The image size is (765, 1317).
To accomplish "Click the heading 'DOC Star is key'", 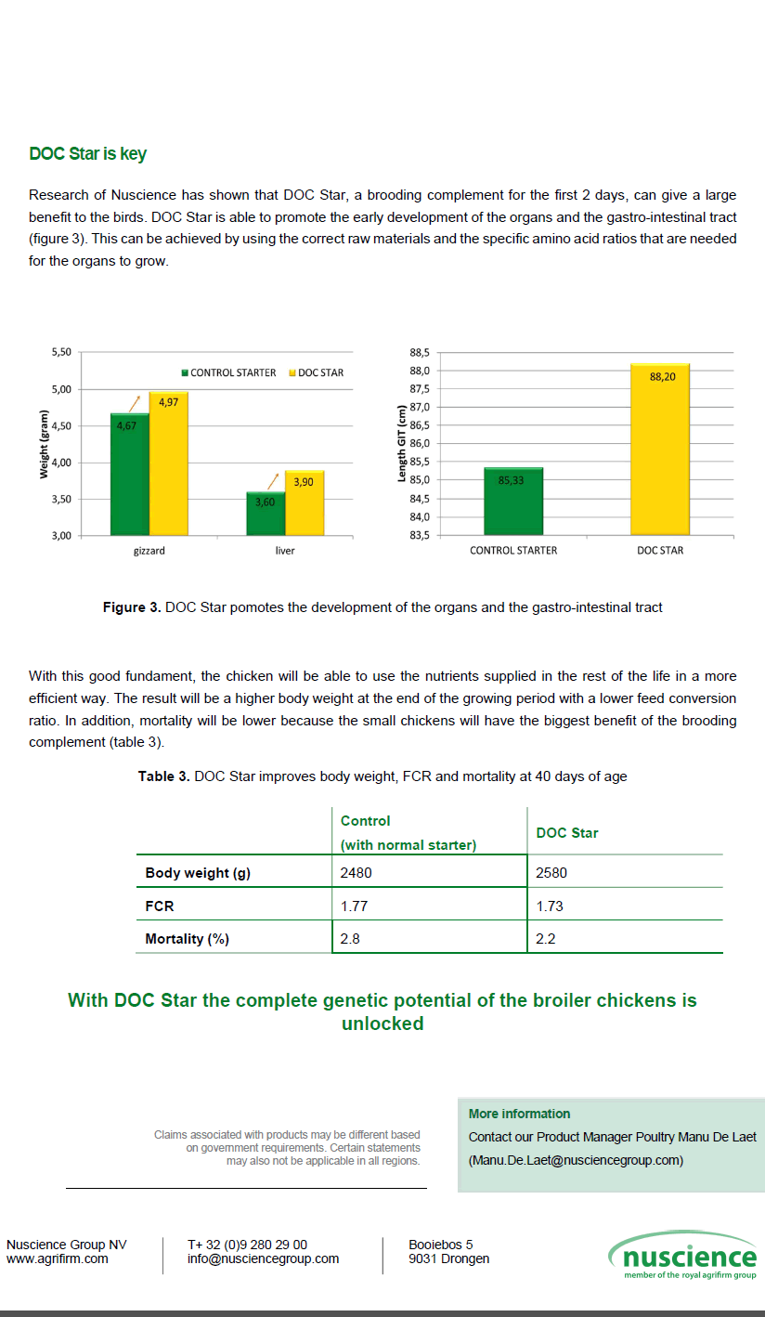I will click(x=87, y=154).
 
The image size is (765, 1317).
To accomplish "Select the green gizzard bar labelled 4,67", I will click(x=129, y=474).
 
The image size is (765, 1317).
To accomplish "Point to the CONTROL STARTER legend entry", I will click(x=228, y=372).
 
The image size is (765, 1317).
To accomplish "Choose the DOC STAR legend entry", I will click(x=317, y=372).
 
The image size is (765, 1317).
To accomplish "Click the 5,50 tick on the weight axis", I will click(x=60, y=353).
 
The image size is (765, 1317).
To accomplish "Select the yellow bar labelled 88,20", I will click(x=660, y=450).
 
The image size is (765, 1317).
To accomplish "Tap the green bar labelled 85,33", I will click(x=513, y=502).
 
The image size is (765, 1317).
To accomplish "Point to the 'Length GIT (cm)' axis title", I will click(x=402, y=443).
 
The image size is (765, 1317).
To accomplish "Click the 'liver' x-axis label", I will click(x=285, y=551).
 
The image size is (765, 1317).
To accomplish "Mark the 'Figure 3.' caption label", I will click(x=132, y=607).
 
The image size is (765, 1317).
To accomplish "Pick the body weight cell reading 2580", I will click(x=551, y=873).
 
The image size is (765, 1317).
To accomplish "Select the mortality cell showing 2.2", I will click(x=545, y=939).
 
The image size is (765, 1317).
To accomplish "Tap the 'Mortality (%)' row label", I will click(x=187, y=939).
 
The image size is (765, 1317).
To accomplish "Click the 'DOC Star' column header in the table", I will click(x=567, y=833).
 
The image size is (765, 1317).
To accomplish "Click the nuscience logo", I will click(x=683, y=1258).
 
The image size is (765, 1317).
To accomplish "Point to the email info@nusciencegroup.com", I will click(x=263, y=1259).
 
